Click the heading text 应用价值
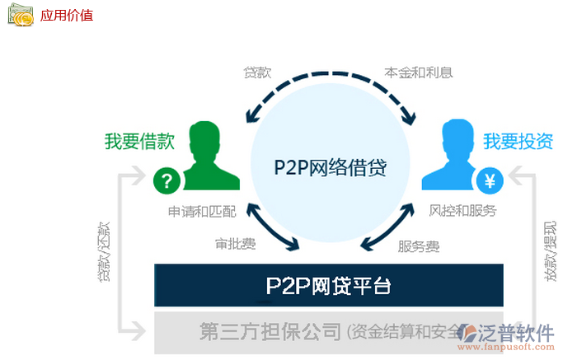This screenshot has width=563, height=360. [67, 15]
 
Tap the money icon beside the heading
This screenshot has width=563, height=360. [21, 14]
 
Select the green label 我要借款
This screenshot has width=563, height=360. [139, 141]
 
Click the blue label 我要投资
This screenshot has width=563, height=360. [518, 141]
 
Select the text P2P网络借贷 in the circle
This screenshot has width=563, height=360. [330, 167]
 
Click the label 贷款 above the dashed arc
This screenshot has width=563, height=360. [256, 72]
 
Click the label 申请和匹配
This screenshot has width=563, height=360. [202, 212]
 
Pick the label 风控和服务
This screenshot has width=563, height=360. [463, 211]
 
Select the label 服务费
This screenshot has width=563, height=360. [419, 245]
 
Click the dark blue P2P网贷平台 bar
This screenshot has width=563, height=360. [328, 286]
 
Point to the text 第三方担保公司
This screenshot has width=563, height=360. [270, 331]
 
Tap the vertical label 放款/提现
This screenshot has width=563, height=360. [551, 251]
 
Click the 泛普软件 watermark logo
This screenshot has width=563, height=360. [506, 334]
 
